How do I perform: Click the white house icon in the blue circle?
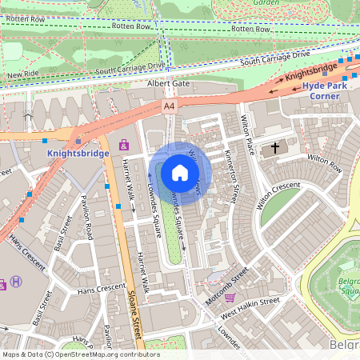click(180, 172)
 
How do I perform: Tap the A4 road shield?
click(169, 105)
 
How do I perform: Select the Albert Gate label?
click(167, 83)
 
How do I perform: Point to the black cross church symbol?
click(276, 148)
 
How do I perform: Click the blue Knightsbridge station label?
click(77, 152)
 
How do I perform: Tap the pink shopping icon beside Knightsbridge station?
click(123, 145)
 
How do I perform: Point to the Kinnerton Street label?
click(232, 176)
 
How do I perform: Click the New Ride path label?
click(22, 74)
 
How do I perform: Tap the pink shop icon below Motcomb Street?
click(230, 298)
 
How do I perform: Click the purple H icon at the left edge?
click(15, 283)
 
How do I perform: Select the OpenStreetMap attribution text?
click(81, 354)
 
